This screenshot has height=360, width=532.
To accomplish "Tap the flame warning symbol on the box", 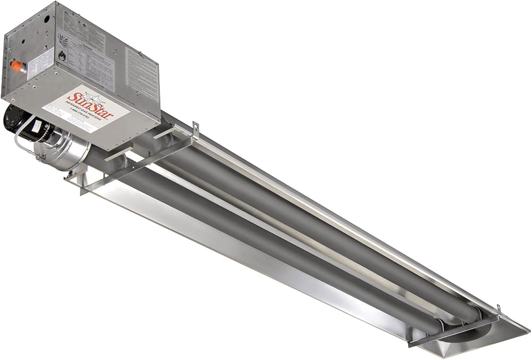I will click(62, 55).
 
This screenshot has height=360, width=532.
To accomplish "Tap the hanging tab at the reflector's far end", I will click(498, 309).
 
